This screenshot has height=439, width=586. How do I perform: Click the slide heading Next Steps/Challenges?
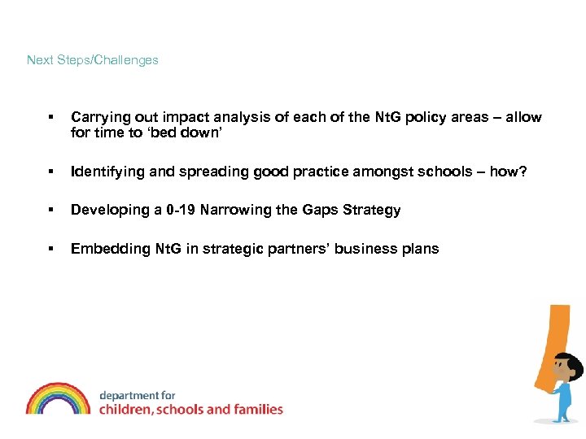point(92,60)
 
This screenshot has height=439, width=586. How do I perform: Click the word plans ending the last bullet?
point(418,249)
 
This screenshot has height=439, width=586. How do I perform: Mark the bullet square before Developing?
point(50,211)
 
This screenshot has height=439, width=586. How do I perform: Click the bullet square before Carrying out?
point(50,118)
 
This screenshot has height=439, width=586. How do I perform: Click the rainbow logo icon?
point(58,398)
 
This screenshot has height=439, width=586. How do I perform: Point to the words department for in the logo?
point(137,395)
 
